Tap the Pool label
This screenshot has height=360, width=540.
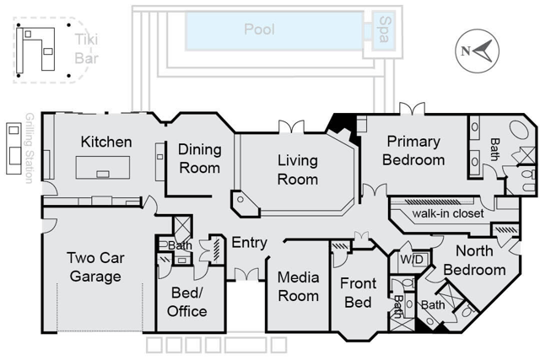pos(259,30)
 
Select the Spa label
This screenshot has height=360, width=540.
pos(385,30)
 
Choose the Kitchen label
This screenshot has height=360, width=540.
pos(106,142)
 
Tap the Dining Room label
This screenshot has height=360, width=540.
pos(200,159)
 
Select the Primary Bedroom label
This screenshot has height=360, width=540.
pos(413,151)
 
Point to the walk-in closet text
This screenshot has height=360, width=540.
pos(447,213)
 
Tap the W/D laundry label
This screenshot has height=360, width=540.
pos(411,259)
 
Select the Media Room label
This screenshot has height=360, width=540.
pos(298,286)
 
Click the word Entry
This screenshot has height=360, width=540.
pos(249,243)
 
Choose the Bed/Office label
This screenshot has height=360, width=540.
pos(188,303)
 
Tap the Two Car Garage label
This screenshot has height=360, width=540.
pos(95,266)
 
